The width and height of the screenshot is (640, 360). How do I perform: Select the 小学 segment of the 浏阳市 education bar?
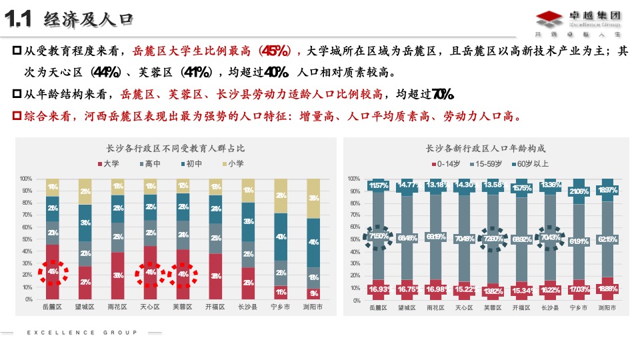[x=313, y=199]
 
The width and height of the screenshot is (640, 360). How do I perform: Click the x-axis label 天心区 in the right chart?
[x=465, y=308]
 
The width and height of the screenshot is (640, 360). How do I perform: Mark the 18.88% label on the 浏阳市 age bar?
[x=607, y=289]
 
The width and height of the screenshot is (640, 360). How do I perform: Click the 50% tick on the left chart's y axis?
[x=26, y=239]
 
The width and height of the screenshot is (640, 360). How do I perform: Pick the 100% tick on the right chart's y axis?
[x=353, y=179]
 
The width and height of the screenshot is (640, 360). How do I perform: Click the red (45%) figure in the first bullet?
[x=275, y=51]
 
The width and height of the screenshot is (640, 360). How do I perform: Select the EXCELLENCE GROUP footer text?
[x=82, y=332]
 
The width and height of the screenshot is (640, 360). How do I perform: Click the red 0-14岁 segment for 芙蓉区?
[x=493, y=291]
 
